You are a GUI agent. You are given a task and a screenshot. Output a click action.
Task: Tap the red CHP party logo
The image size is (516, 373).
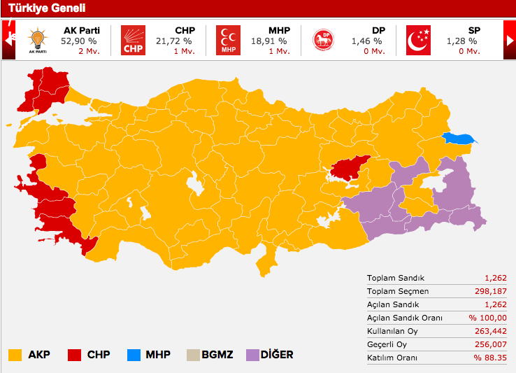(x=133, y=41)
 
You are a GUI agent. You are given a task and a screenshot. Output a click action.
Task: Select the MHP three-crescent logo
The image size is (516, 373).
(x=227, y=41)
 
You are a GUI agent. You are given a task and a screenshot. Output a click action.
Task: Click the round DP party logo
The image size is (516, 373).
(x=323, y=41)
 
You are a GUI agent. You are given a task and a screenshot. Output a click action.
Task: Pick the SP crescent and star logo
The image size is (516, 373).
(x=419, y=41)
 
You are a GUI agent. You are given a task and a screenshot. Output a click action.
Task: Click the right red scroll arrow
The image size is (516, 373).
(x=509, y=41)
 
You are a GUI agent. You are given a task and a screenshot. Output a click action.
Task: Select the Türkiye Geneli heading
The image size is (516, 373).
(x=47, y=8)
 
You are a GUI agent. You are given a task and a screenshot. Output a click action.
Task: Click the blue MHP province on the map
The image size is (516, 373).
(x=457, y=139)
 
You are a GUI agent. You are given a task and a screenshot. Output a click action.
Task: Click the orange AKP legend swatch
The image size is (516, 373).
(x=14, y=355)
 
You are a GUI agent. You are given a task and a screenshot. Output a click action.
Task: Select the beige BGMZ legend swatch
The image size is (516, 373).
(x=192, y=355)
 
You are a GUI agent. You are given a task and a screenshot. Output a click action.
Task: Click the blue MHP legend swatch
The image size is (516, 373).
(x=133, y=355)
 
